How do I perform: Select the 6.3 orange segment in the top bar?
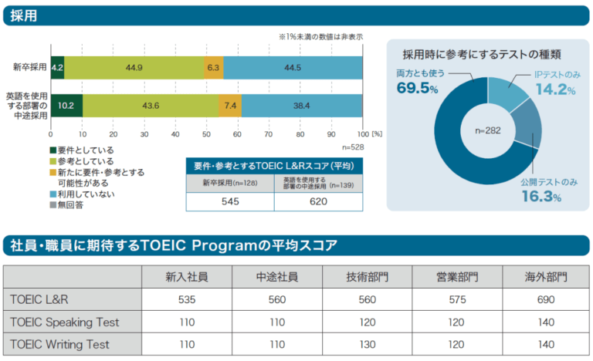214,67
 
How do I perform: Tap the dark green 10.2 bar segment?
66,105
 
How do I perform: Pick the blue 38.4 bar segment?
301,105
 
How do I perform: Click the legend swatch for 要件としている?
53,150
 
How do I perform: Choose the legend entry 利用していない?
91,195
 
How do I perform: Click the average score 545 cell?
229,202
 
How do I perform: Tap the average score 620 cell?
318,202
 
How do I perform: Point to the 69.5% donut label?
417,89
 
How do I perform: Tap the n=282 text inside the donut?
488,130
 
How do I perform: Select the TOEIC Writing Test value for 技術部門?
368,344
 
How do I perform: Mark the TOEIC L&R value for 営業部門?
456,299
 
